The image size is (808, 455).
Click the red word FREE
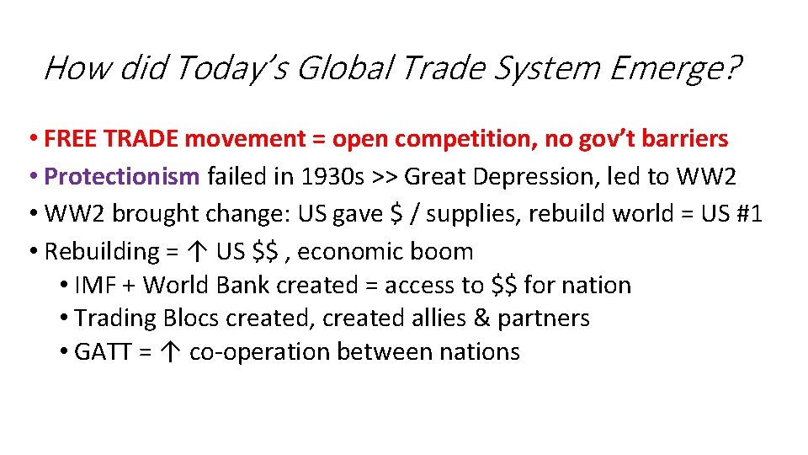coord(71,138)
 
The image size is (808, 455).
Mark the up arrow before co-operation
coord(173,352)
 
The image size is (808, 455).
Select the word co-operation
coord(248,352)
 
